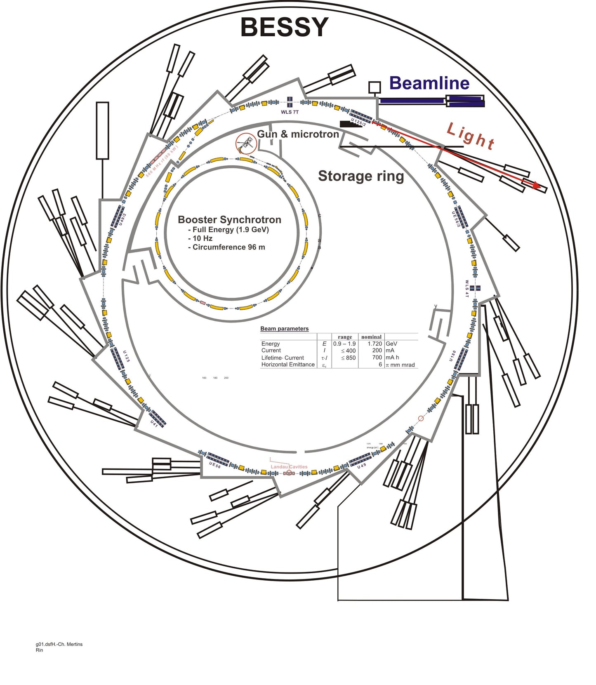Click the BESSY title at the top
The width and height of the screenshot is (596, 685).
[284, 27]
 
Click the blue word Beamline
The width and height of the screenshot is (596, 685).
[429, 83]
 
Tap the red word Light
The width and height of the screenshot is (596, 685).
[471, 137]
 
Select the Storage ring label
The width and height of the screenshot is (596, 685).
[361, 176]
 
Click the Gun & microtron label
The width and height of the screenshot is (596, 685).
[298, 134]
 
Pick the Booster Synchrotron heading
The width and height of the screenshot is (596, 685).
[229, 219]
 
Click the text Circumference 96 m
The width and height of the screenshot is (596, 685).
[229, 247]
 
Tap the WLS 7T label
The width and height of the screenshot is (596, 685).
[290, 112]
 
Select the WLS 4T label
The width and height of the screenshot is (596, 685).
[467, 289]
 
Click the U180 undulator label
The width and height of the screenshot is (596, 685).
[453, 356]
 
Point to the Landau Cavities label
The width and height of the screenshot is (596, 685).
[289, 467]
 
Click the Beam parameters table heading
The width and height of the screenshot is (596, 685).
[284, 329]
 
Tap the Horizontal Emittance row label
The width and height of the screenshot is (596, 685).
[288, 365]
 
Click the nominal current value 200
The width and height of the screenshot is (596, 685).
[377, 351]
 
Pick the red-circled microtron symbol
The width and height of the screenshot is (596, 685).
[246, 144]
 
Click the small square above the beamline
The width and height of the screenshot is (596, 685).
[375, 87]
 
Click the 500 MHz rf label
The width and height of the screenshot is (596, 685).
[162, 161]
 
